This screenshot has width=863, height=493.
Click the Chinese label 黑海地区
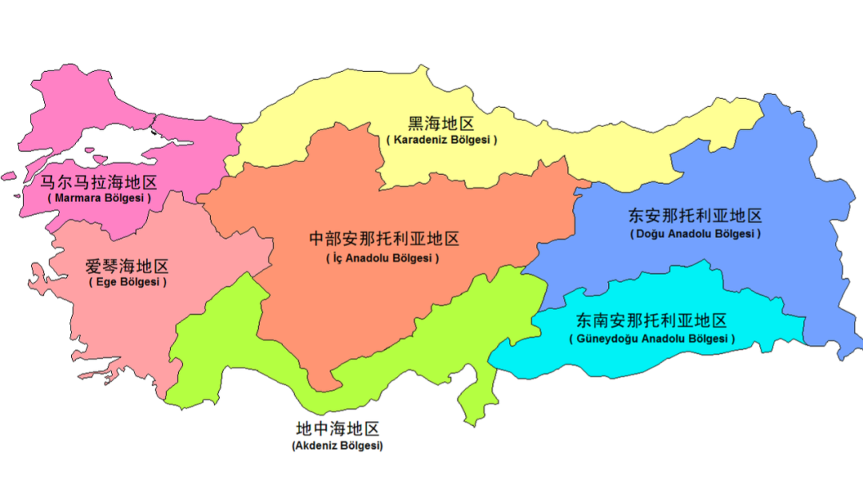pyautogui.click(x=441, y=123)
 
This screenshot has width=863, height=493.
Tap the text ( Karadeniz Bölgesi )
pyautogui.click(x=441, y=140)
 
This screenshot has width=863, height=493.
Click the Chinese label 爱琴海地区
pyautogui.click(x=127, y=266)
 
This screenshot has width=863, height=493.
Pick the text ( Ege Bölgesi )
pyautogui.click(x=128, y=283)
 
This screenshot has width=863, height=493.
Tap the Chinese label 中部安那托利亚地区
pyautogui.click(x=384, y=239)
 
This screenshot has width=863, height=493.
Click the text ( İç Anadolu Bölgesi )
pyautogui.click(x=384, y=258)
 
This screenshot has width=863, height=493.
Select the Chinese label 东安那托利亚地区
pyautogui.click(x=695, y=216)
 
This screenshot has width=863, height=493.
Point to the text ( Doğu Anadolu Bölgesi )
pyautogui.click(x=695, y=234)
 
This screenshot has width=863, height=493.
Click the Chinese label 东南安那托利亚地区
pyautogui.click(x=652, y=321)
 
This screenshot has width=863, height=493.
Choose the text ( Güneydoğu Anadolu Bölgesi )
pyautogui.click(x=652, y=339)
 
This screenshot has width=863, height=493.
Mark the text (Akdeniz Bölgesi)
pyautogui.click(x=338, y=446)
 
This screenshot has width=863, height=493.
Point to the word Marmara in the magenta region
pyautogui.click(x=78, y=197)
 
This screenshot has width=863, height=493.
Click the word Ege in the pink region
pyautogui.click(x=106, y=283)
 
